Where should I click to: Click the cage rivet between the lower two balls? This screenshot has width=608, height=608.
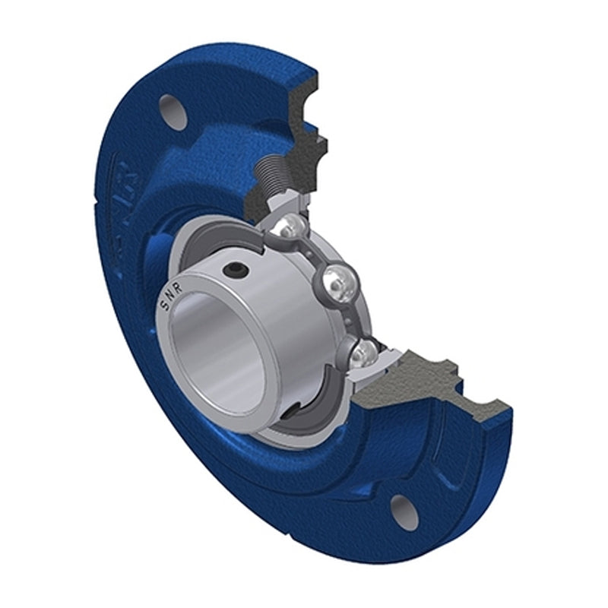pos(351,319)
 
